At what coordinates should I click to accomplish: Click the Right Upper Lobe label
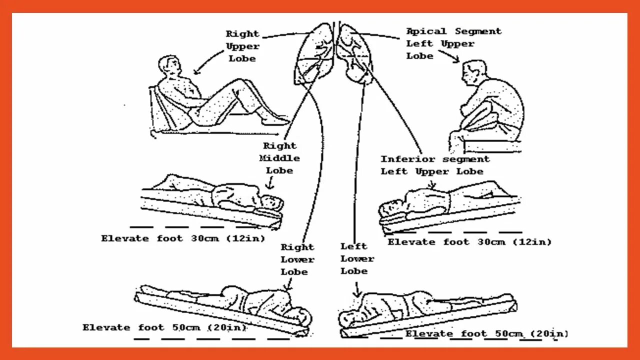(242, 46)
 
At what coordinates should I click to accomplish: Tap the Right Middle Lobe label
(279, 158)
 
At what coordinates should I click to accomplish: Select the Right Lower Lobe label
(297, 259)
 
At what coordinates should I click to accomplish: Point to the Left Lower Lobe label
(357, 258)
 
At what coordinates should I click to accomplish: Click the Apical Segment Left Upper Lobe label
(453, 43)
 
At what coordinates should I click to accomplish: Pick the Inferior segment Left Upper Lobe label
(434, 165)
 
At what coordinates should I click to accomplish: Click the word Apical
(426, 31)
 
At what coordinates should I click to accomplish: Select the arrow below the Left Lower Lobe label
(357, 289)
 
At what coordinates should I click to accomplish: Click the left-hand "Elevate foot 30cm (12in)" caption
(183, 238)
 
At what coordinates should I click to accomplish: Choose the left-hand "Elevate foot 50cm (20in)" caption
(165, 328)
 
